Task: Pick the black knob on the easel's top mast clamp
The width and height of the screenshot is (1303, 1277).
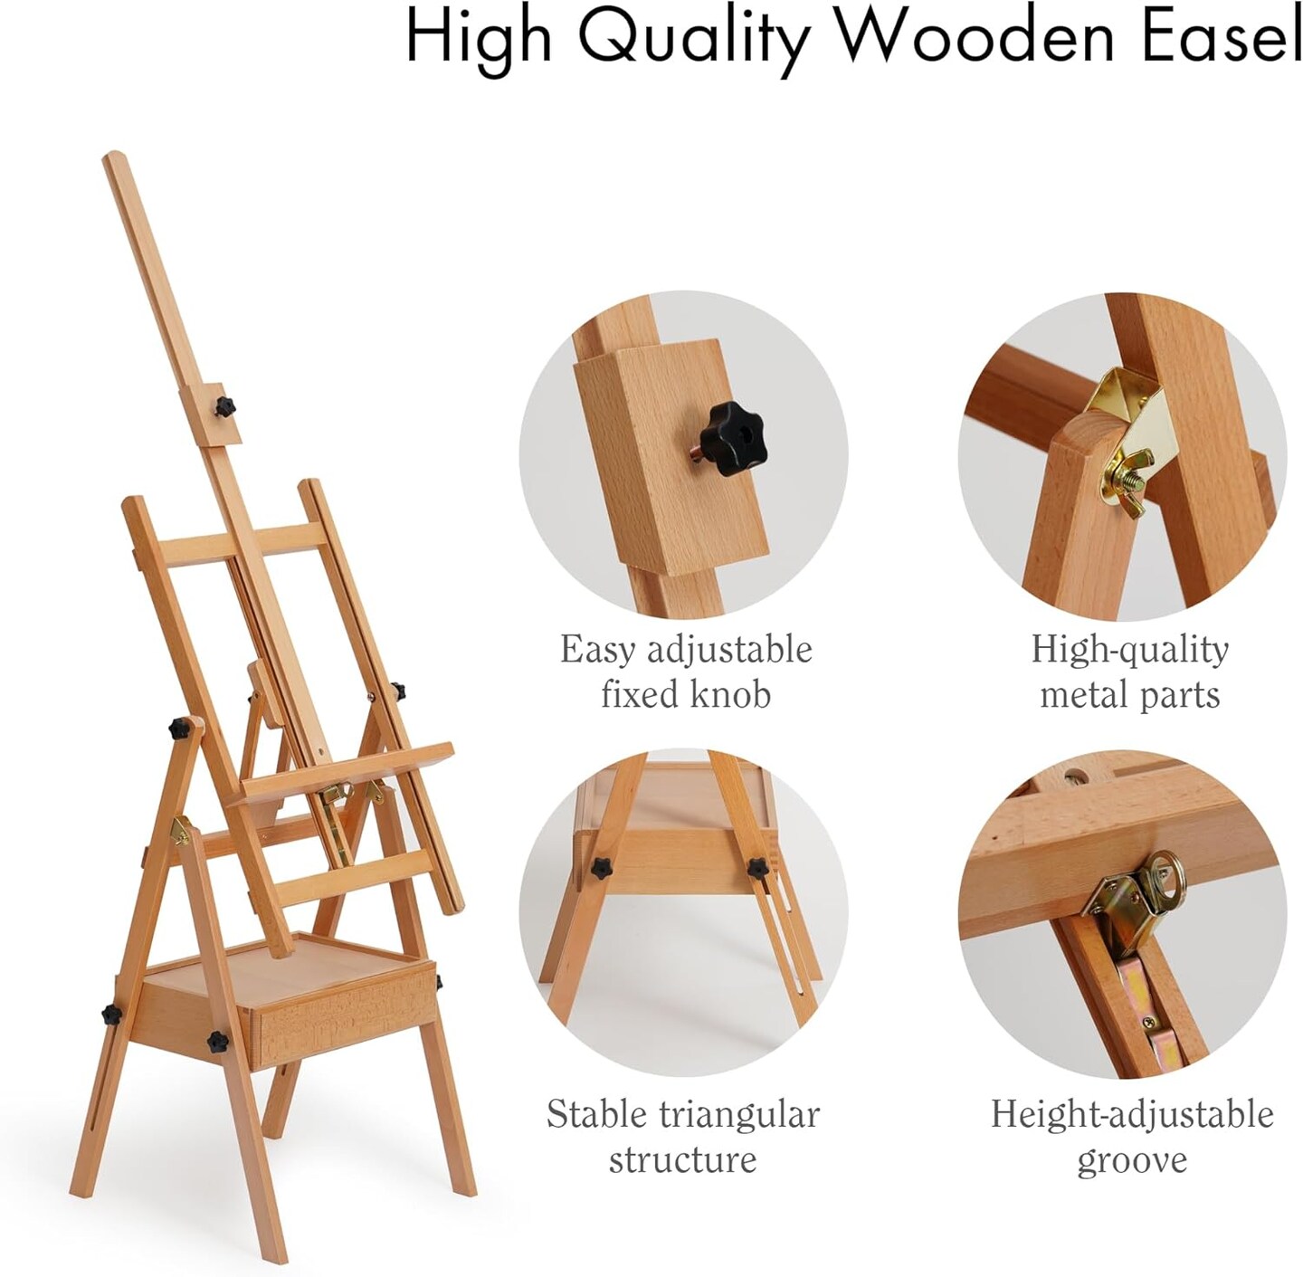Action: [224, 406]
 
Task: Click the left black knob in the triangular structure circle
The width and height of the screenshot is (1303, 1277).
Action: [601, 867]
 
